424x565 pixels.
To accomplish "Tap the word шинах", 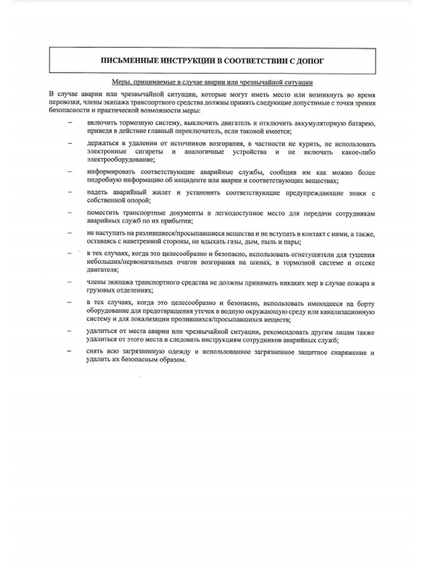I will (x=259, y=262).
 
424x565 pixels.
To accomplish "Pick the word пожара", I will (x=355, y=282).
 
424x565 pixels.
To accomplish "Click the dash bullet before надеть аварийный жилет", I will (x=70, y=193).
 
